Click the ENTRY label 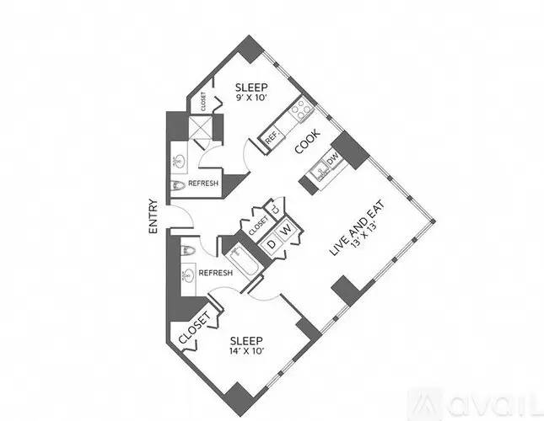(153, 216)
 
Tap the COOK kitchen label (307, 141)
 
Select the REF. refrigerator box (272, 137)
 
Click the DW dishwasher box (332, 159)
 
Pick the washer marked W (286, 230)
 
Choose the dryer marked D (272, 244)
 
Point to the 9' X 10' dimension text (251, 98)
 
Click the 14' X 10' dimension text (247, 351)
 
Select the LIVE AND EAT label (357, 227)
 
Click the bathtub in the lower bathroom (243, 261)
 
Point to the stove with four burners (301, 109)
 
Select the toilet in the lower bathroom (187, 250)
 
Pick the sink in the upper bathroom (180, 161)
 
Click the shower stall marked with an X (200, 126)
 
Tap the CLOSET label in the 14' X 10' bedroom (195, 328)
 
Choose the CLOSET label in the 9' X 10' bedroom (203, 101)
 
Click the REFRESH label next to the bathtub (215, 273)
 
